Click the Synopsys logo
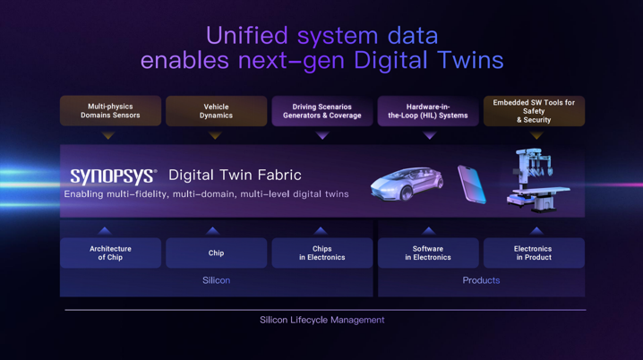pyautogui.click(x=113, y=176)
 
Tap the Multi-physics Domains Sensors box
pyautogui.click(x=110, y=111)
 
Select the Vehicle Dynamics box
pyautogui.click(x=216, y=111)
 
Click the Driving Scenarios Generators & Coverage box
pyautogui.click(x=321, y=111)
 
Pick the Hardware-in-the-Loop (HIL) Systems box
pyautogui.click(x=428, y=111)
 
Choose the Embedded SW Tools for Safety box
pyautogui.click(x=534, y=111)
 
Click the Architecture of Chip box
pyautogui.click(x=110, y=253)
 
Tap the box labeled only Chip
pyautogui.click(x=216, y=253)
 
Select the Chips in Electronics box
pyautogui.click(x=321, y=253)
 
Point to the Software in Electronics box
pyautogui.click(x=428, y=253)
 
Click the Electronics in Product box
pyautogui.click(x=534, y=253)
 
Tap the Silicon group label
pyautogui.click(x=216, y=280)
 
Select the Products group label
pyautogui.click(x=481, y=280)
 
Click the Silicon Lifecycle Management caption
pyautogui.click(x=321, y=320)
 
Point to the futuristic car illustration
pyautogui.click(x=407, y=184)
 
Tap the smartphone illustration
pyautogui.click(x=472, y=184)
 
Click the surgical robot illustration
pyautogui.click(x=537, y=180)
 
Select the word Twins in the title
pyautogui.click(x=470, y=60)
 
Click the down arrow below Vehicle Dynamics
pyautogui.click(x=215, y=135)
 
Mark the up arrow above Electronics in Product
pyautogui.click(x=536, y=231)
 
